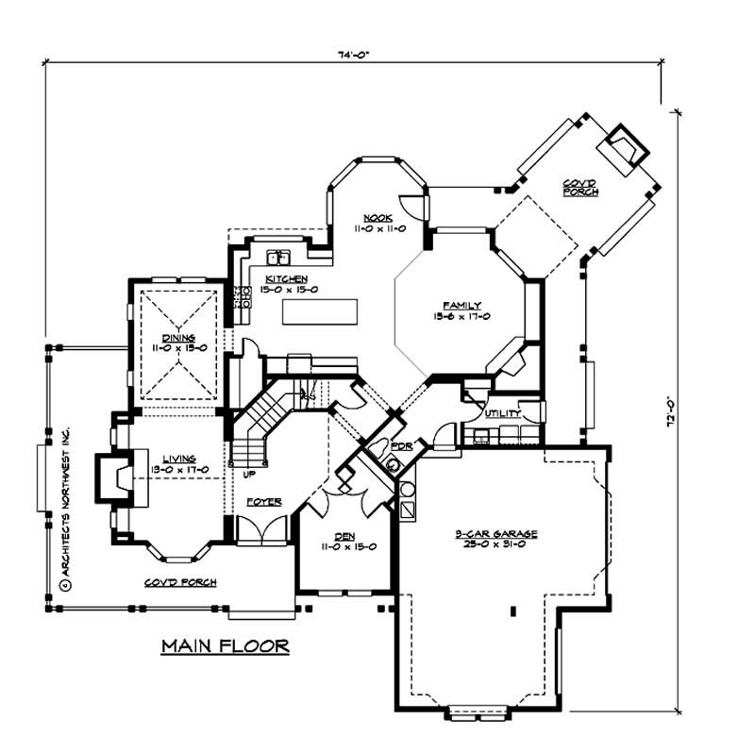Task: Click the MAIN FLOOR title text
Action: click(x=224, y=646)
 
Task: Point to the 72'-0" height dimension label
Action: click(x=670, y=415)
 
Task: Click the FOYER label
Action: click(x=264, y=502)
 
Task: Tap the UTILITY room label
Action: click(x=499, y=414)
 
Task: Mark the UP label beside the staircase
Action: click(x=249, y=473)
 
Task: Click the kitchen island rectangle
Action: click(x=320, y=312)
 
